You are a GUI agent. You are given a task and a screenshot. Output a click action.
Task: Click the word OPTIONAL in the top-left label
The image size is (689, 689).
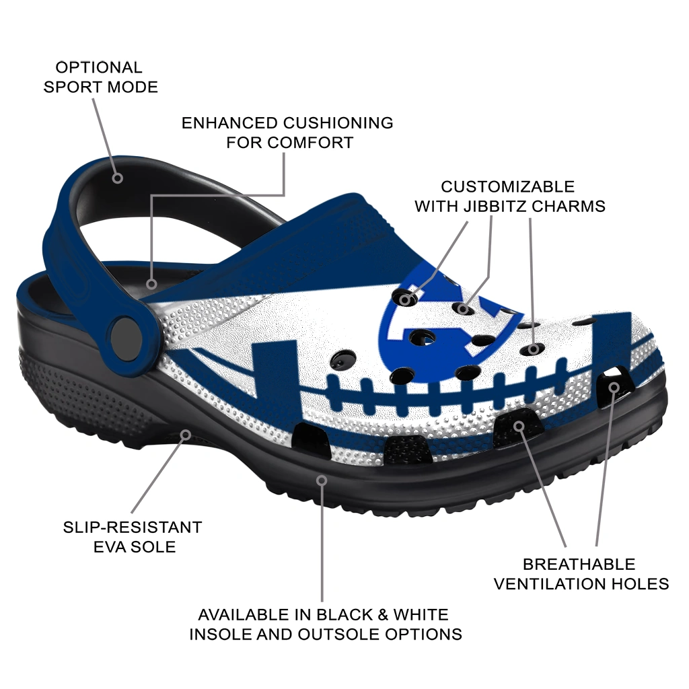(99, 67)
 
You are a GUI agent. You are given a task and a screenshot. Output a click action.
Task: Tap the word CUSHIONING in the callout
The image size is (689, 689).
(338, 123)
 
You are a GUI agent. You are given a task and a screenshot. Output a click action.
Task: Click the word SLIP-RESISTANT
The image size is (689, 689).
(133, 527)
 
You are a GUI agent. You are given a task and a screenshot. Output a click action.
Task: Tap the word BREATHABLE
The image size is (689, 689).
(579, 565)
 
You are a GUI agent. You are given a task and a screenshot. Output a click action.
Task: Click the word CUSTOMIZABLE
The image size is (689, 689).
(507, 187)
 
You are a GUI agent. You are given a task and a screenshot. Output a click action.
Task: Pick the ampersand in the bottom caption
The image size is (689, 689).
(383, 614)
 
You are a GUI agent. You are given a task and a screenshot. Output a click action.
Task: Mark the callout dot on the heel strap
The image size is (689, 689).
(117, 178)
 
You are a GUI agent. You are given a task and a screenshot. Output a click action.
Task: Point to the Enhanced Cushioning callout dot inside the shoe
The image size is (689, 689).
(151, 285)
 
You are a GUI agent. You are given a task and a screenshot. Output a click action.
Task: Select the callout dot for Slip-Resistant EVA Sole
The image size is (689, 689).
(186, 435)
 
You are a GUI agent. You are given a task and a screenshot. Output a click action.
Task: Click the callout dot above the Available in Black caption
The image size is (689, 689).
(322, 480)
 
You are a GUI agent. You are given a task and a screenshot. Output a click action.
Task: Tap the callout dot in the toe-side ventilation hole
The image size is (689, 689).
(614, 387)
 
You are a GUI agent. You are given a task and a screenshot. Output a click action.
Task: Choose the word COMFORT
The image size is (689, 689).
(311, 143)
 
